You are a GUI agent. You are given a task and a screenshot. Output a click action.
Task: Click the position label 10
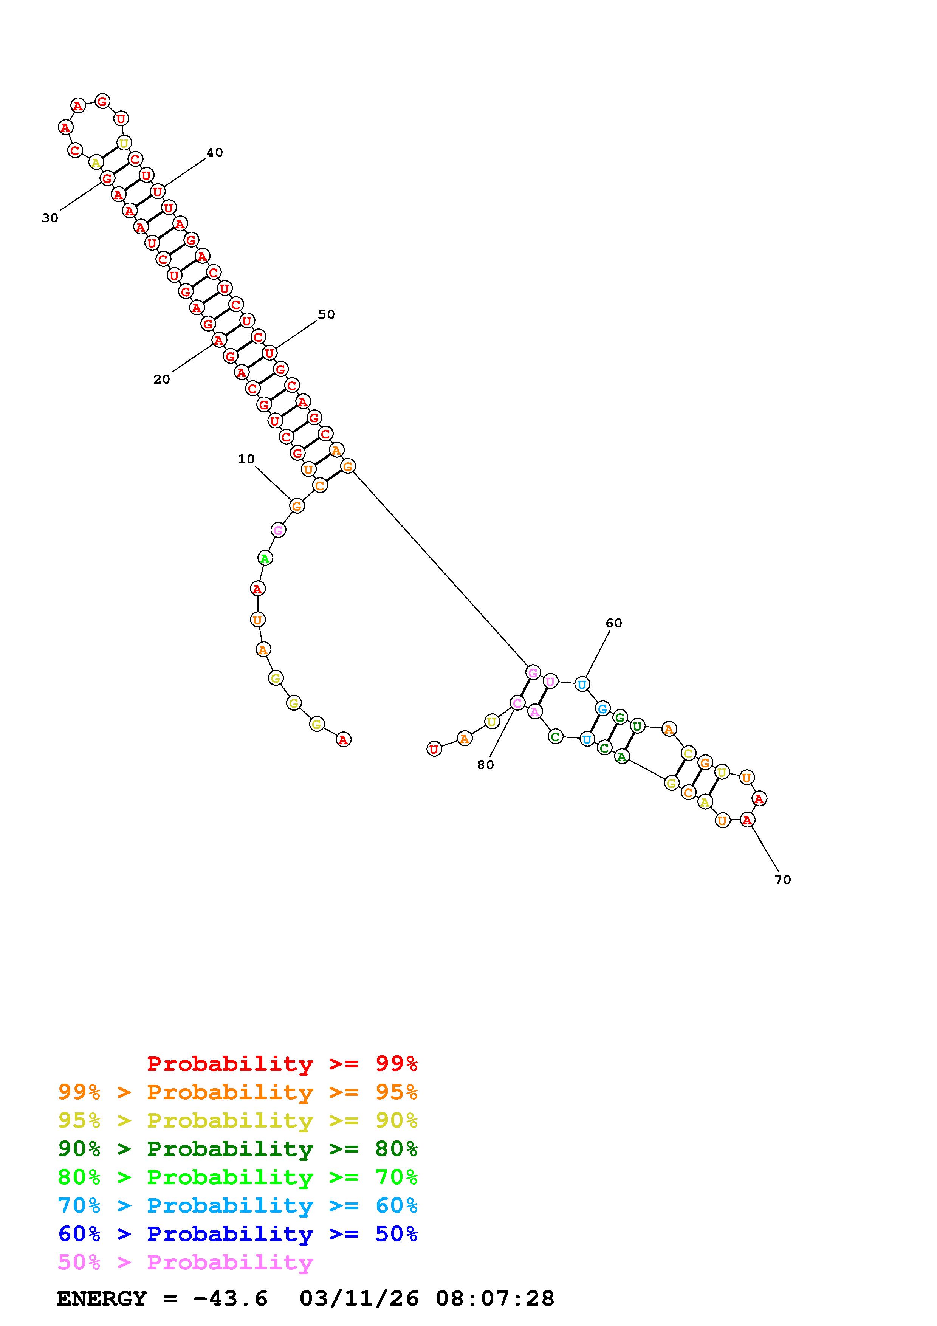(246, 459)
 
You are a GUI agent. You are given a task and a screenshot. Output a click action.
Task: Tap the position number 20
(162, 380)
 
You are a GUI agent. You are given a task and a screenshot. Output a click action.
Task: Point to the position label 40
(214, 152)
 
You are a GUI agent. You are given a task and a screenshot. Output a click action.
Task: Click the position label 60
(614, 623)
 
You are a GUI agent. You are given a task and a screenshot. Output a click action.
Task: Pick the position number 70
(782, 880)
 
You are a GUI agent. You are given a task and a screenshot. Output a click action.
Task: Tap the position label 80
(486, 765)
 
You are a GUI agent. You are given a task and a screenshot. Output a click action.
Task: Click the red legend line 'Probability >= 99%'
(282, 1064)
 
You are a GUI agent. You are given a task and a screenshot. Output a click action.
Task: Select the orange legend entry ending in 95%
(238, 1092)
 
